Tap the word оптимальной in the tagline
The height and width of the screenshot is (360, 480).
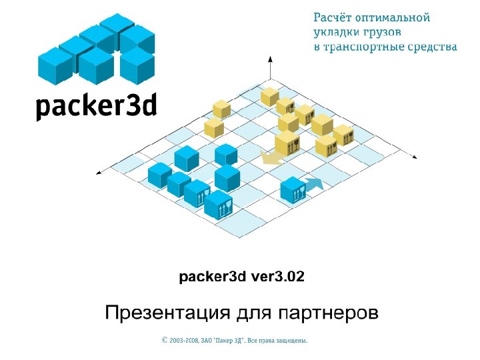(x=394, y=18)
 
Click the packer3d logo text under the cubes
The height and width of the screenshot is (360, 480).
(x=96, y=106)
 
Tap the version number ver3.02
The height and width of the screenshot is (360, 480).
(x=277, y=276)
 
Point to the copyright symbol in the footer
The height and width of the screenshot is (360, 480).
(x=165, y=340)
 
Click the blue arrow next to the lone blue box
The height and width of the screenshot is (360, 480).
(x=315, y=183)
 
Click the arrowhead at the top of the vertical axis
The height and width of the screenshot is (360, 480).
(x=269, y=60)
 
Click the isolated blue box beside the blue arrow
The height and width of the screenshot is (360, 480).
(x=293, y=189)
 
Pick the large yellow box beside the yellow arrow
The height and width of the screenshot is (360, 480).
(x=287, y=143)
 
